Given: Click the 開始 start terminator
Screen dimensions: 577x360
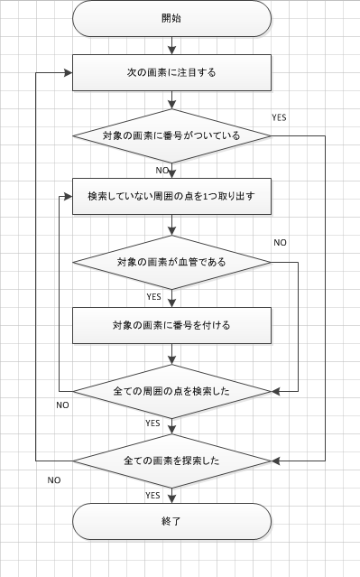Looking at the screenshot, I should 171,19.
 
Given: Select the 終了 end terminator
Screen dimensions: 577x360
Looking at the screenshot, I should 171,521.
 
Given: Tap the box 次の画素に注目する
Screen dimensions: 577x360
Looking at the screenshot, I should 171,72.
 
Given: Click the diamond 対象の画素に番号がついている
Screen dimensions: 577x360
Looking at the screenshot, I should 171,136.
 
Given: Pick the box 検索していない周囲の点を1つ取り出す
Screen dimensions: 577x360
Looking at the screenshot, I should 171,195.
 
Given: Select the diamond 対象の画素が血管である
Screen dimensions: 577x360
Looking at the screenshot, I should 171,262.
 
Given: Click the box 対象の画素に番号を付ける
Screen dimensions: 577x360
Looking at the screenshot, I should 171,325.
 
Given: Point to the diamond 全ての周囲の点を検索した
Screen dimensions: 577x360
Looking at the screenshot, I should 171,392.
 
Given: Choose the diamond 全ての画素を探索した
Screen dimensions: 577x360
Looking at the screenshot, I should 171,461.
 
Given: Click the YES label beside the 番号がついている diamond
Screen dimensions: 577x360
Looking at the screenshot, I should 280,117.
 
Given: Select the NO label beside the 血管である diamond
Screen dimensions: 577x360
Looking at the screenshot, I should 281,243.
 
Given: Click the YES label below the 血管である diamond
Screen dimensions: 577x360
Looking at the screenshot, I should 153,296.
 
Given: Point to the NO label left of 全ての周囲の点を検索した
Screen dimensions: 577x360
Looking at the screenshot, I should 62,405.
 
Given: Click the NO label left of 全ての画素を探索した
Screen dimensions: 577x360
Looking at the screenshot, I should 54,479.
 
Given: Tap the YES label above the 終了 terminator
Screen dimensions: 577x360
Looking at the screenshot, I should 153,495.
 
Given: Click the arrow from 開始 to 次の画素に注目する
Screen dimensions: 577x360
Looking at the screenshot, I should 171,46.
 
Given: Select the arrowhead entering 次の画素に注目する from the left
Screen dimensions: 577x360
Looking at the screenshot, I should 68,72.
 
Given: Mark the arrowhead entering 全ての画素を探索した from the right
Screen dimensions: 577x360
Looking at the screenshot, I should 276,461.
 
